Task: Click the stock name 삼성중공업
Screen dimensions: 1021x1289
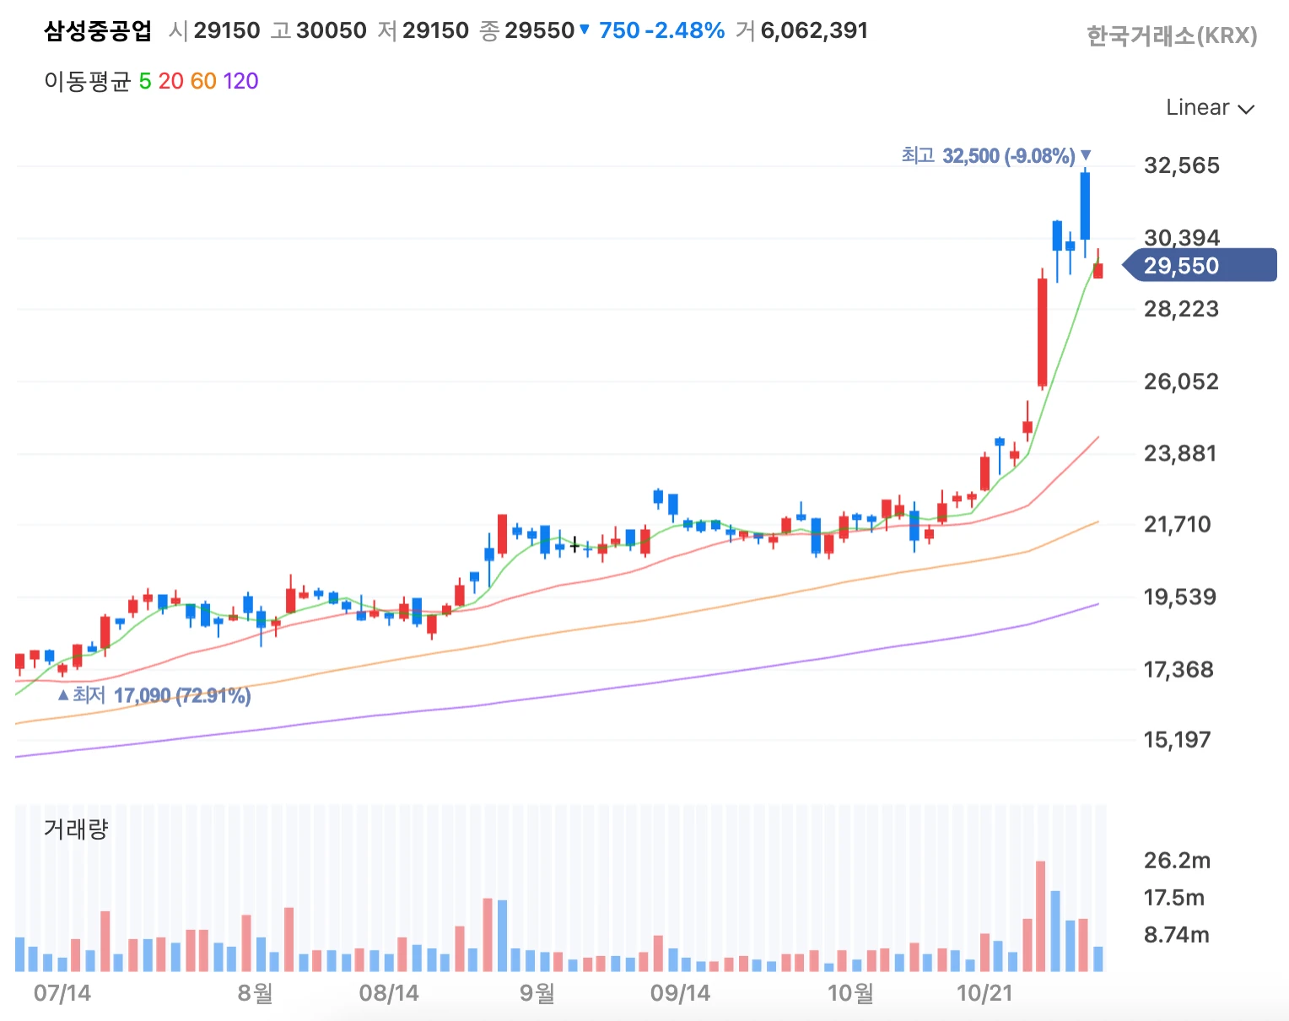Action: (98, 31)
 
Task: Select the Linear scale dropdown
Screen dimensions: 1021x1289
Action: (1209, 108)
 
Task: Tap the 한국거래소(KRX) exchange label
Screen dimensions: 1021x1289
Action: (1171, 36)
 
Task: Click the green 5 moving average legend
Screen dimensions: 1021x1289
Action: (145, 81)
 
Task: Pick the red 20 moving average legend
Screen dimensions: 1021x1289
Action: (170, 81)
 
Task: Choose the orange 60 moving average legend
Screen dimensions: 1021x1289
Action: (203, 81)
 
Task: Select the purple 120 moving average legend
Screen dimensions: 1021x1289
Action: (240, 81)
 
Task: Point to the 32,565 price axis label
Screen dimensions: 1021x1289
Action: (1181, 165)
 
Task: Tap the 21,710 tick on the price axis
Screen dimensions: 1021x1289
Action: (1177, 525)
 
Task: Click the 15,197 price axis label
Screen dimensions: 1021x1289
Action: (1177, 740)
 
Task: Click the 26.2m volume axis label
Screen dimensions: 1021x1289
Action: (1177, 861)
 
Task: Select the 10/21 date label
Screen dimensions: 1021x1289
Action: (984, 992)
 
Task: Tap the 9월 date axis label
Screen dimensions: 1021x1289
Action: (537, 992)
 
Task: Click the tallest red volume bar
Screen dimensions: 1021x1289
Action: (1040, 916)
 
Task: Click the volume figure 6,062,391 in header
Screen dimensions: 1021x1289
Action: (814, 31)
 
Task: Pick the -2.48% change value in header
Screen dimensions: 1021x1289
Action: (684, 31)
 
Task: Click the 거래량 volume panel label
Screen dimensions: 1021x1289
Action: (76, 829)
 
